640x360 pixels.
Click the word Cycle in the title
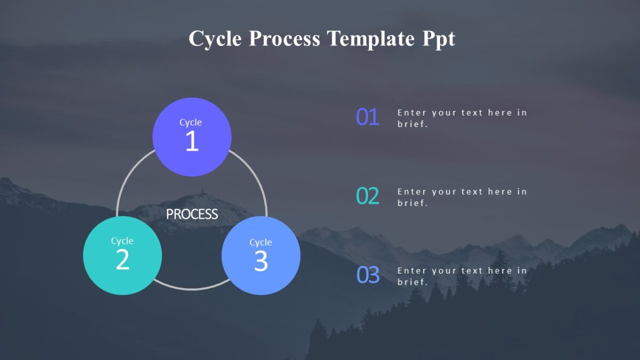pos(214,39)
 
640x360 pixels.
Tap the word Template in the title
pos(370,39)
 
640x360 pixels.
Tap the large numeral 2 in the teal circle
pos(122,260)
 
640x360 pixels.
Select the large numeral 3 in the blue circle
pos(261,261)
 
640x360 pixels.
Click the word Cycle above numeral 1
pos(190,123)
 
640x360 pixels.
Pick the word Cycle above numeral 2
pos(122,241)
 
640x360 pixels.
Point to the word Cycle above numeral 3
pos(261,243)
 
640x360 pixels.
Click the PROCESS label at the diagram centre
pos(191,214)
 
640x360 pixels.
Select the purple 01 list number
pos(367,117)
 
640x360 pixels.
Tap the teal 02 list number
pos(367,196)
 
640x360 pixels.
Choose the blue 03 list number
pos(367,275)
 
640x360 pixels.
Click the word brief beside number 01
pos(412,124)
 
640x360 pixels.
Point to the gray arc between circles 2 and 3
pos(191,289)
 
